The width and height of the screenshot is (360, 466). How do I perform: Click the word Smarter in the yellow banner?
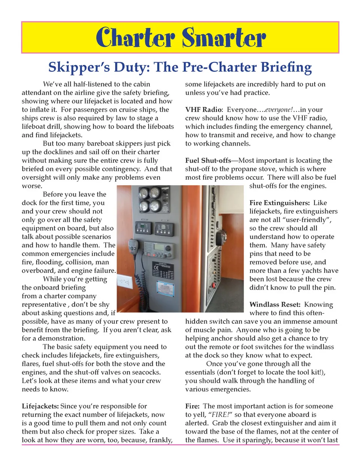224,38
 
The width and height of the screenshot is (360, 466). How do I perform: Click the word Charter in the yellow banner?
135,38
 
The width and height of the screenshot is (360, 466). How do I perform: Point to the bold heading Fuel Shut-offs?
208,161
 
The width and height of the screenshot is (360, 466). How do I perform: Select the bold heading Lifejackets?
40,406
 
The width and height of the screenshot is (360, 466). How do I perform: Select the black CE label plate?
162,270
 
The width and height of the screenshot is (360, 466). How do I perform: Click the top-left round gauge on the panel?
144,194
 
